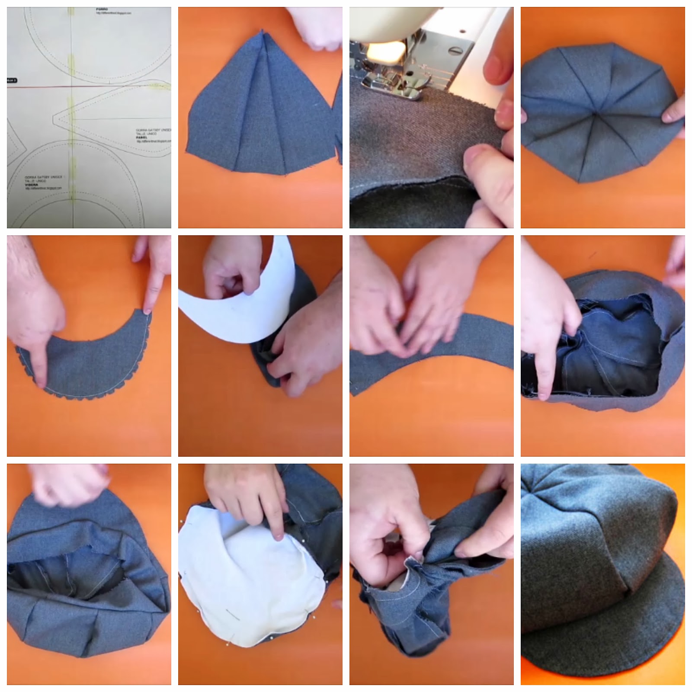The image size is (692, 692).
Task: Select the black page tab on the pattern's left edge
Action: pos(12,80)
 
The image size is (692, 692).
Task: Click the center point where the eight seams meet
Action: pos(597,114)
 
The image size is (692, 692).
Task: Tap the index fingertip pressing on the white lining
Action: pos(279,536)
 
